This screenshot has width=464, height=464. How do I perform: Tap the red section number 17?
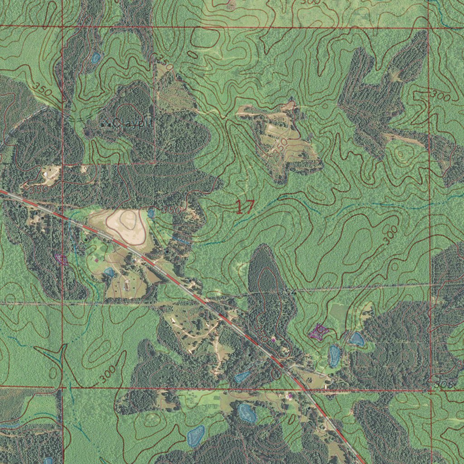click(245, 207)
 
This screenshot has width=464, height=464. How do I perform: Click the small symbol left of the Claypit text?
click(103, 122)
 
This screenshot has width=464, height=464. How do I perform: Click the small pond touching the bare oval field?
click(151, 213)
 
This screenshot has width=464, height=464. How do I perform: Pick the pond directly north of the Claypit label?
click(96, 58)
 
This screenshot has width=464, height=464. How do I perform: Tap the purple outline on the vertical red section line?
click(61, 259)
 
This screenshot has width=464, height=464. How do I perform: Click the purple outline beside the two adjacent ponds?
click(318, 332)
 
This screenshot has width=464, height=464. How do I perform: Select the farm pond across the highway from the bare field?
click(109, 272)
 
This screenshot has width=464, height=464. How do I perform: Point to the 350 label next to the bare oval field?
click(172, 210)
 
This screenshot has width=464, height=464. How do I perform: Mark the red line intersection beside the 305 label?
click(430, 389)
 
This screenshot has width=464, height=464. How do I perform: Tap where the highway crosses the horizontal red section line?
click(303, 388)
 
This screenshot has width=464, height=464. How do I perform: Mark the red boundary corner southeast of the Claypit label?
click(155, 163)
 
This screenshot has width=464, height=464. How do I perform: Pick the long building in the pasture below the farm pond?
click(127, 286)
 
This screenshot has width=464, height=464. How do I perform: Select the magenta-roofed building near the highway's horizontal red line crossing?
click(290, 396)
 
